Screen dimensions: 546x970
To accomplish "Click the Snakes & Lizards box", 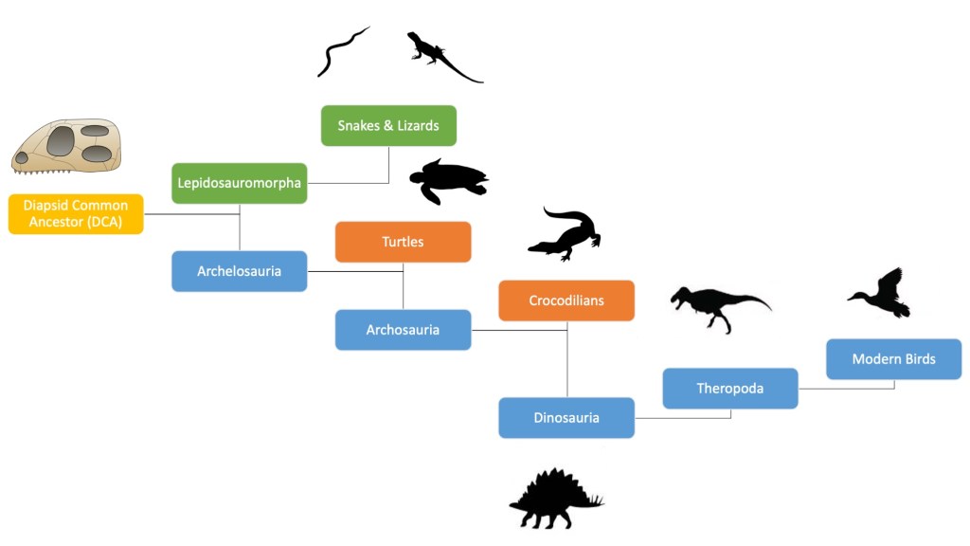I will pos(388,126).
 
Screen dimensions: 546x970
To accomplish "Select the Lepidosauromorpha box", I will pos(240,183).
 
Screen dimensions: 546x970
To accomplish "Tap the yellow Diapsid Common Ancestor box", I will pos(76,214).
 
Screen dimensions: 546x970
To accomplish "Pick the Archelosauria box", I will pos(240,271).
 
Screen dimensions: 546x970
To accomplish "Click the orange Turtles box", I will pos(404,242).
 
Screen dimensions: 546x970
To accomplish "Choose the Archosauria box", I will pos(404,330).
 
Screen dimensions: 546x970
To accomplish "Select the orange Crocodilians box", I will pos(566,300).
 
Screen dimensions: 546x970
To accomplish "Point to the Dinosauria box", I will pos(566,418).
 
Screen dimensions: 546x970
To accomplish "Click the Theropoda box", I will pos(730,389).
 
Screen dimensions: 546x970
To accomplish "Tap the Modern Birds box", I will pos(894,359).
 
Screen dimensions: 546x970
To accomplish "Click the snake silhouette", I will pos(340,51).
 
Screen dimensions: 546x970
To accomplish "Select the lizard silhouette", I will pos(440,57).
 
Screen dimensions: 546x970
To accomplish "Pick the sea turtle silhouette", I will pos(447,181).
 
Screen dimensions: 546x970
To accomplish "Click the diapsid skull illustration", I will pos(66,146).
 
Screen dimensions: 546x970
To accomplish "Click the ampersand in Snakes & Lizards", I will pos(387,126).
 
